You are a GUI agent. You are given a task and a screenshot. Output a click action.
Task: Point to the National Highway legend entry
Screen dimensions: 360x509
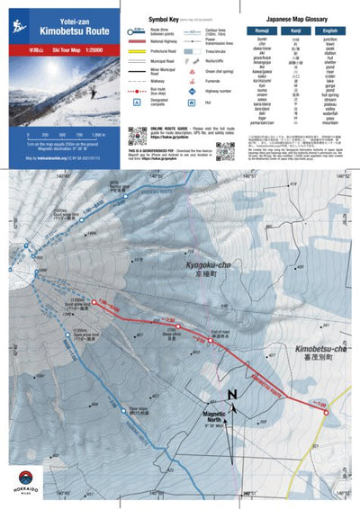coord(161,40)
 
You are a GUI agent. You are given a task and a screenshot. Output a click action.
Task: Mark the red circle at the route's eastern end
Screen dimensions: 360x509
coord(327,413)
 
